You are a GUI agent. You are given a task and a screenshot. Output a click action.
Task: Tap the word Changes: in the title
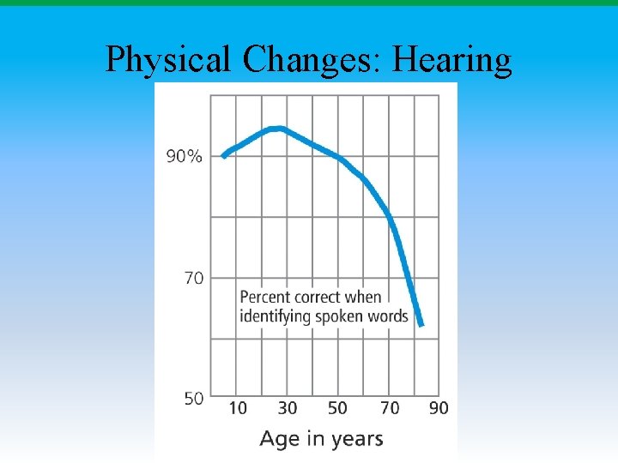pyautogui.click(x=312, y=60)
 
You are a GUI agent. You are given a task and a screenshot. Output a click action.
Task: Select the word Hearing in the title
pyautogui.click(x=451, y=60)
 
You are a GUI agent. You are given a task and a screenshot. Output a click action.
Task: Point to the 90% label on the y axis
pyautogui.click(x=185, y=156)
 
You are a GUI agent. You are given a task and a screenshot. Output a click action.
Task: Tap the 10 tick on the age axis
pyautogui.click(x=238, y=408)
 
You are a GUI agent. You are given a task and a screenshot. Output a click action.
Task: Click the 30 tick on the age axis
pyautogui.click(x=288, y=408)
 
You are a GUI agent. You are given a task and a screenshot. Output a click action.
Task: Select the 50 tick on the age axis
pyautogui.click(x=338, y=408)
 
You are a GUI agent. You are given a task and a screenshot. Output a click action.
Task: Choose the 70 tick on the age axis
pyautogui.click(x=390, y=408)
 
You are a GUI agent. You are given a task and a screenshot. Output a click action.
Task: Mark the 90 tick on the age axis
pyautogui.click(x=439, y=408)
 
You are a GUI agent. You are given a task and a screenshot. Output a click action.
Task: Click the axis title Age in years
pyautogui.click(x=321, y=439)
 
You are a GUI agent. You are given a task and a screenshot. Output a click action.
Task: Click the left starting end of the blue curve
pyautogui.click(x=224, y=156)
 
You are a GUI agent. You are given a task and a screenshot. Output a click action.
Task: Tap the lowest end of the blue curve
pyautogui.click(x=421, y=325)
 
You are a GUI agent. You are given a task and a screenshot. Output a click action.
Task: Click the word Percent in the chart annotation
pyautogui.click(x=266, y=298)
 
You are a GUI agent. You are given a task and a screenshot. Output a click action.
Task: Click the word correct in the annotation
pyautogui.click(x=319, y=298)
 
